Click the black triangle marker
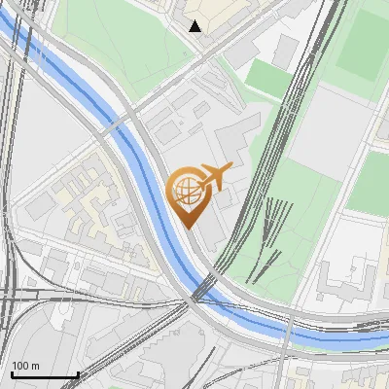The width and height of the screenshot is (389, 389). (x=195, y=26)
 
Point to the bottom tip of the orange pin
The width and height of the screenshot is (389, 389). (x=190, y=228)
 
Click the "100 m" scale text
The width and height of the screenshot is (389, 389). (x=25, y=366)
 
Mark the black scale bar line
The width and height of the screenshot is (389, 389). (x=45, y=375)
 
